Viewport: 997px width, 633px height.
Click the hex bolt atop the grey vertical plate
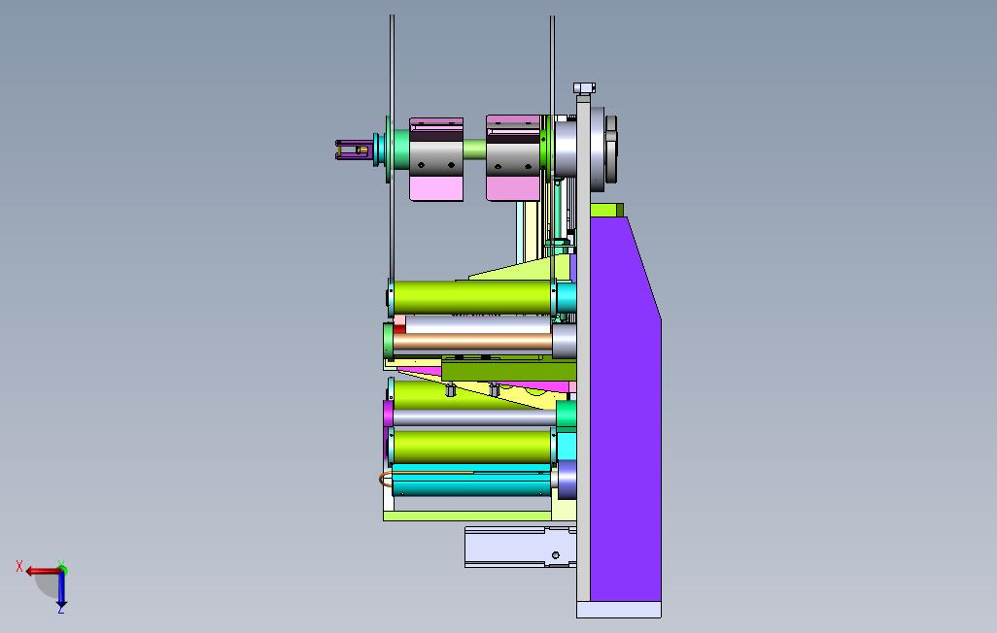pyautogui.click(x=584, y=88)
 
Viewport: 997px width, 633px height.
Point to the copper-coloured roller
pyautogui.click(x=472, y=342)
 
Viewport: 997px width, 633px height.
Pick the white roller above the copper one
pyautogui.click(x=478, y=325)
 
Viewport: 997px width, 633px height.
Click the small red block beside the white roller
pyautogui.click(x=399, y=328)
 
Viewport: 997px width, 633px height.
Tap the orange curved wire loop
pyautogui.click(x=384, y=480)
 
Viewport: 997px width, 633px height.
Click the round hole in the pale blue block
pyautogui.click(x=555, y=555)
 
